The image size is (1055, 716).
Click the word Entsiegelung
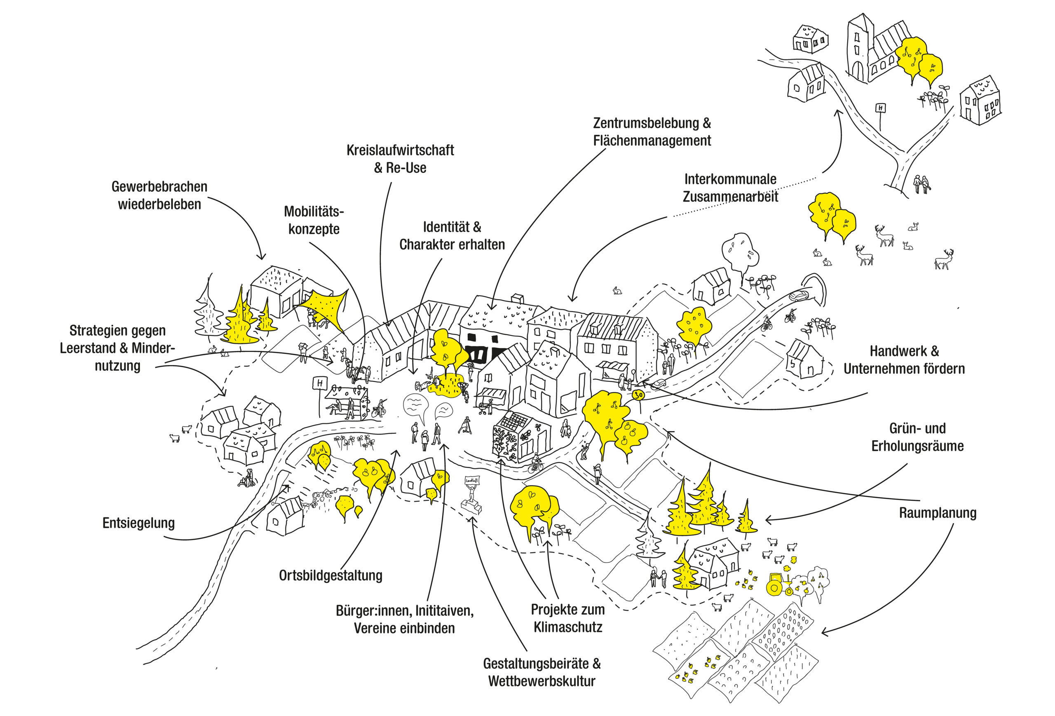[x=138, y=523]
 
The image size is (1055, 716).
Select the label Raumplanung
[x=938, y=513]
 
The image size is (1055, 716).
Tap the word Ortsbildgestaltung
[x=331, y=575]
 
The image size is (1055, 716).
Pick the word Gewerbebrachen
[x=159, y=187]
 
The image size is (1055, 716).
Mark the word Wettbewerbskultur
[x=542, y=681]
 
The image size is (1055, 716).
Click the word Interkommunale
[x=730, y=179]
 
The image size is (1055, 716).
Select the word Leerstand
[x=89, y=348]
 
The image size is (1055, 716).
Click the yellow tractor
[x=778, y=585]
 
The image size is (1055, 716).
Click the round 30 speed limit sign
[x=639, y=395]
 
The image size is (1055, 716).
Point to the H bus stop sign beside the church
[x=881, y=108]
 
